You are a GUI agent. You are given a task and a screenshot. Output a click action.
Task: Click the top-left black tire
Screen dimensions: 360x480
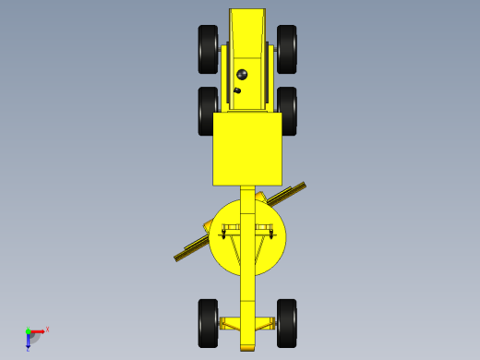coord(208,49)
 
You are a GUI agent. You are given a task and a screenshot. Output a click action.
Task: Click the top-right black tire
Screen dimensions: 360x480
coord(287,49)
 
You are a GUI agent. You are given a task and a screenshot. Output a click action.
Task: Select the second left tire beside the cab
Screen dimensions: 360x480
coord(207,110)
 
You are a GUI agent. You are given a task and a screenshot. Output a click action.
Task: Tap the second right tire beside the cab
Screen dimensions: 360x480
coord(288,110)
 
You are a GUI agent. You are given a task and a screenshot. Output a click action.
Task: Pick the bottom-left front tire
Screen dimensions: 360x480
coord(208,323)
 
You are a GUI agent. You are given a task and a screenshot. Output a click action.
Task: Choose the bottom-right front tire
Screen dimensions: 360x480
coord(287,323)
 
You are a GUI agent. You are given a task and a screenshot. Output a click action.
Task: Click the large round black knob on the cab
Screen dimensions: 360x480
coord(242,74)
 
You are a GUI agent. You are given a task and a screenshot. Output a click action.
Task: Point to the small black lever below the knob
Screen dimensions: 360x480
coord(237,90)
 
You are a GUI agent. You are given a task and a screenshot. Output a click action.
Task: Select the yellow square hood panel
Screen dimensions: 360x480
coord(247,149)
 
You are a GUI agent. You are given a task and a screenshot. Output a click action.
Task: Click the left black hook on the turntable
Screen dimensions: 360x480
coord(222,234)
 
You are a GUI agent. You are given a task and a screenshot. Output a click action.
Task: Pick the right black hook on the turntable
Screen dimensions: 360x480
coord(271,234)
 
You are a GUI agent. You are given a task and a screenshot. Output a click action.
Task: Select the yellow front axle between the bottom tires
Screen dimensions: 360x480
coord(247,323)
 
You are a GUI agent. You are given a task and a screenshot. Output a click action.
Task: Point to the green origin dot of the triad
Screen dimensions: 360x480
coord(28,330)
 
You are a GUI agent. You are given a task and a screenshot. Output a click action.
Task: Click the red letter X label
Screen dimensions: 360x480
coord(47,329)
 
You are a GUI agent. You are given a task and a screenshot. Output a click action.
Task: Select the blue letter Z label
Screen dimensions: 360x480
coord(28,349)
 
